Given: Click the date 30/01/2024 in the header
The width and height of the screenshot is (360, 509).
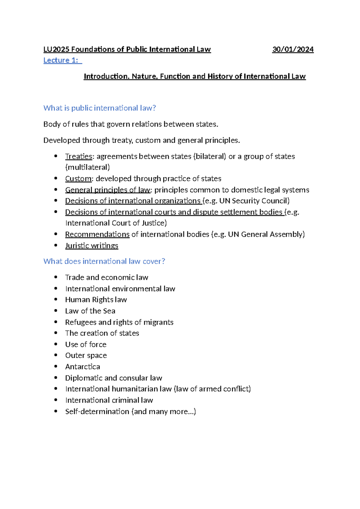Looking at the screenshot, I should click(x=293, y=50).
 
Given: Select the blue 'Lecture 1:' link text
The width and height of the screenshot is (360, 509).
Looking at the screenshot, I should click(x=61, y=60).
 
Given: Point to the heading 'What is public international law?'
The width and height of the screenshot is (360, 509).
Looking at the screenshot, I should click(x=100, y=108).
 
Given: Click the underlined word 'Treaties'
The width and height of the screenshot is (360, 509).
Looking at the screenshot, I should click(x=79, y=156).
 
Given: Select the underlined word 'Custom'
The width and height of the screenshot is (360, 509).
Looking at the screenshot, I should click(x=78, y=179).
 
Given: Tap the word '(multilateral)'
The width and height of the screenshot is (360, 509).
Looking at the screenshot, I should click(x=88, y=167).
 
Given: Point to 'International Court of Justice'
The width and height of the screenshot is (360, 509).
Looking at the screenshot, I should click(x=115, y=223).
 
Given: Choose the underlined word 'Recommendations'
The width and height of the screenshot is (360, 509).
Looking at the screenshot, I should click(x=97, y=234).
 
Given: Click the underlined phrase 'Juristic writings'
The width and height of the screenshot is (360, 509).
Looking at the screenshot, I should click(x=91, y=246).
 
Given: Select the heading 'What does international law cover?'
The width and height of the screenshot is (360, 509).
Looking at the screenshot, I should click(x=104, y=261).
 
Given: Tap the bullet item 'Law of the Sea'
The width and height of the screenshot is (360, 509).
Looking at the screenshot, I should click(x=90, y=311).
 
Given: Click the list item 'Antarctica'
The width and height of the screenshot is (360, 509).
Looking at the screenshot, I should click(x=82, y=367).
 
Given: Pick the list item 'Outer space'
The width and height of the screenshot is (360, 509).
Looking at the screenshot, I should click(x=86, y=356).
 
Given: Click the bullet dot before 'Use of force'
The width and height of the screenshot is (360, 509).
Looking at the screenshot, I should click(x=56, y=344).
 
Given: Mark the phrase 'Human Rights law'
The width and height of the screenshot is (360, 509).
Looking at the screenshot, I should click(x=96, y=300).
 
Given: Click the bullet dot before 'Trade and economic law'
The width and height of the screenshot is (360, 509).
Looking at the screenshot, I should click(x=56, y=277).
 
